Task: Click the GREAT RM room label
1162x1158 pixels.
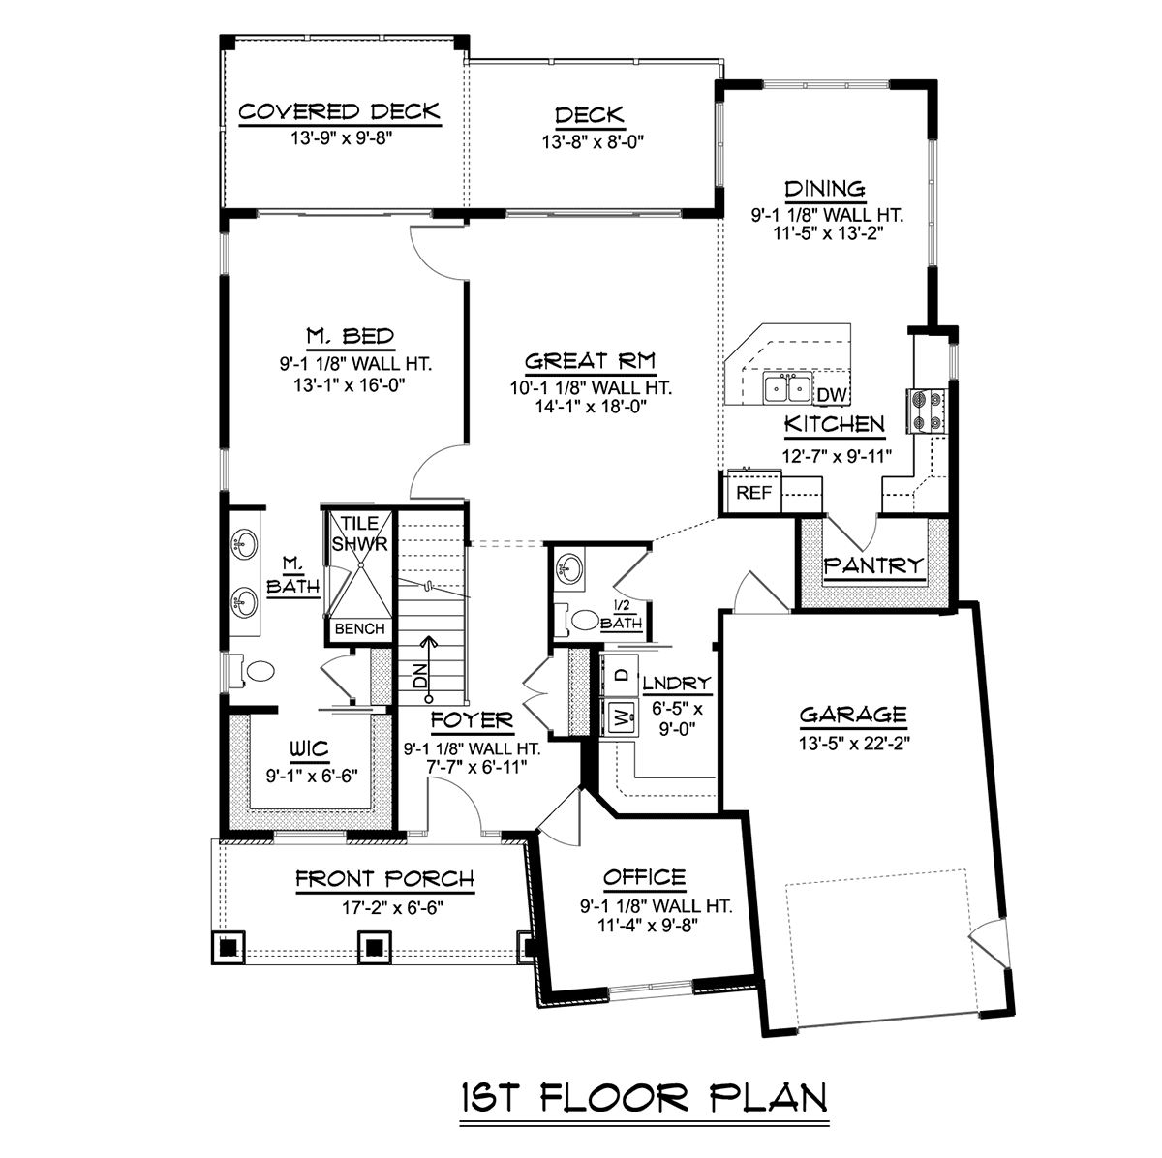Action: coord(590,361)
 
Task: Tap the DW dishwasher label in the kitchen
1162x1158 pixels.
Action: coord(832,395)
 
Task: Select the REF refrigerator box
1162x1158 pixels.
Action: coord(753,492)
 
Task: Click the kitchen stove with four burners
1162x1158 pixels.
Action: coord(926,411)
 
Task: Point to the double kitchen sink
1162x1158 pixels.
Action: coord(787,388)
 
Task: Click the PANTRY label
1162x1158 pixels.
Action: coord(873,565)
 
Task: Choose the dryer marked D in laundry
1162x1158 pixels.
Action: coord(621,675)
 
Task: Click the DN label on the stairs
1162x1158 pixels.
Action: coord(421,676)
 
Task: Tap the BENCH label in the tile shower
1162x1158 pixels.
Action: coord(359,628)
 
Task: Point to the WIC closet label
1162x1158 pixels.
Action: coord(309,748)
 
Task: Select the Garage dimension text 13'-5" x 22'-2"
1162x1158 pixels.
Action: coord(854,743)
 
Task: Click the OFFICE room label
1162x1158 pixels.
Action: coord(645,876)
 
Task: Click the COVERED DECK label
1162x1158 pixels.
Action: coord(340,111)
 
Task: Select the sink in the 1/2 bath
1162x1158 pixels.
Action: coord(568,567)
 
